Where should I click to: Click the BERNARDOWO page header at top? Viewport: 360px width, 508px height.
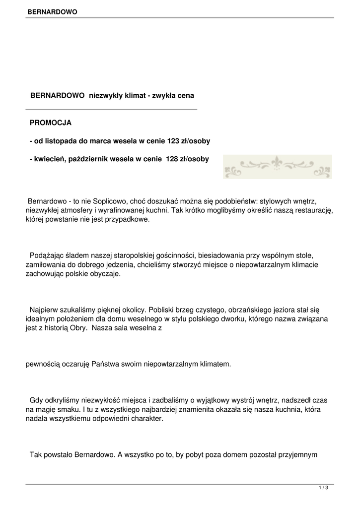point(52,11)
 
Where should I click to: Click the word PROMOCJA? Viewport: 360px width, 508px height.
point(51,122)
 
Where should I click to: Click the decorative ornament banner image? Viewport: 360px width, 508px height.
point(277,167)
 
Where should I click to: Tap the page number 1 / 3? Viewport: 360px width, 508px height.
point(323,488)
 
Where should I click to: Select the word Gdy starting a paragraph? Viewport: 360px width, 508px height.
point(36,400)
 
